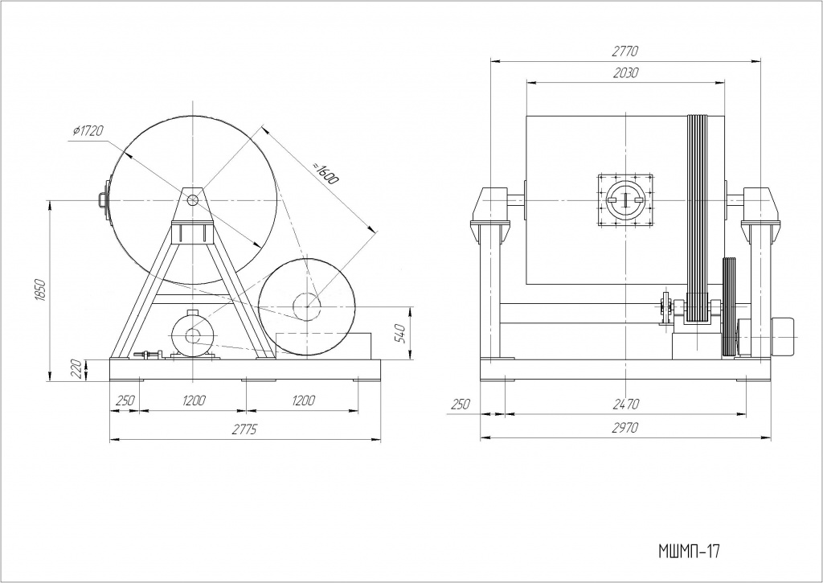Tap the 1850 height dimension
point(41,290)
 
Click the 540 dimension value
point(400,331)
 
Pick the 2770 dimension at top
point(624,51)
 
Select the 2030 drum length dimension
point(624,72)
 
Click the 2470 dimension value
point(625,405)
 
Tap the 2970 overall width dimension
point(624,429)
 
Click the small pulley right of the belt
point(730,307)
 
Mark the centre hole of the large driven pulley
point(308,304)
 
